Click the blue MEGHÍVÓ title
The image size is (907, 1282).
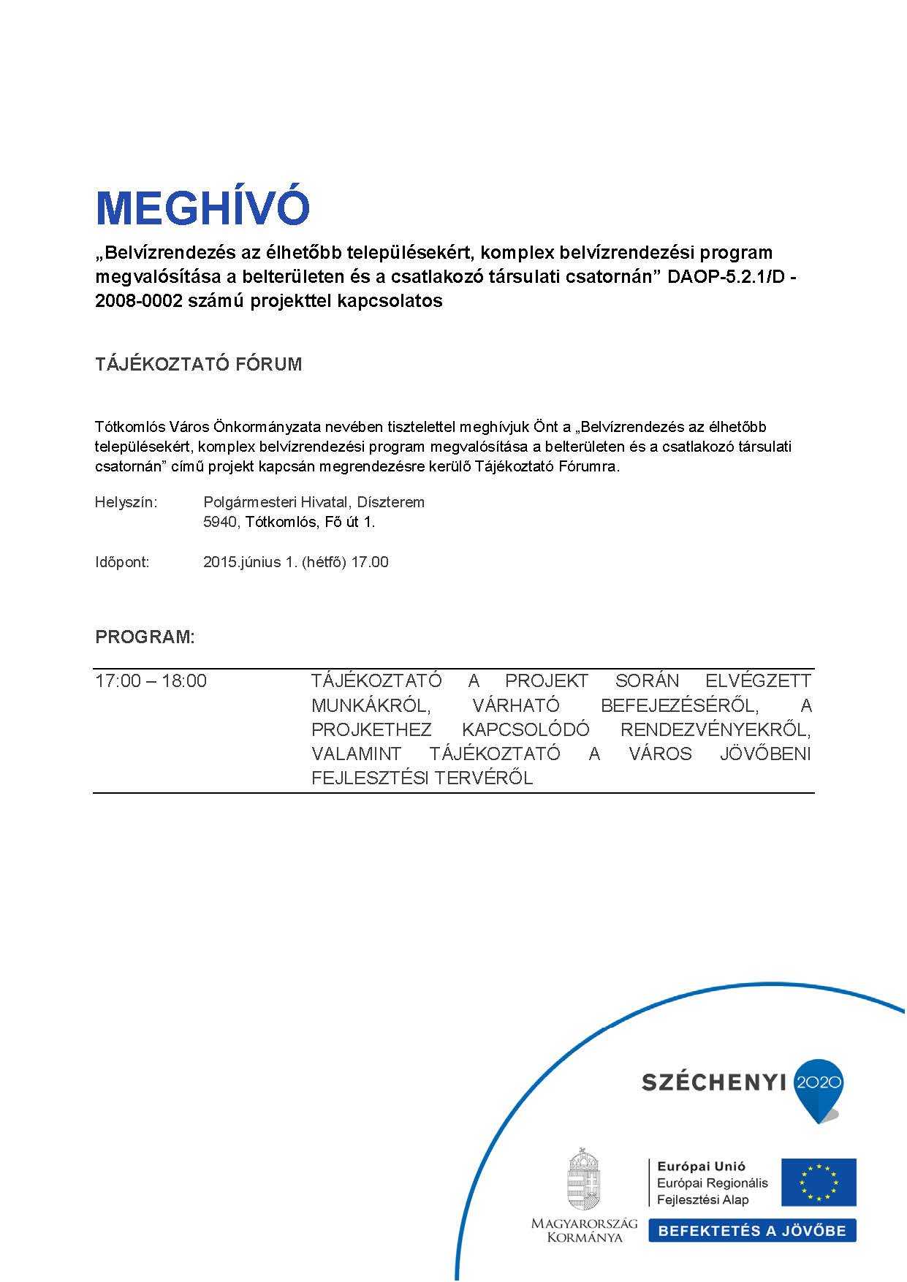[x=202, y=208]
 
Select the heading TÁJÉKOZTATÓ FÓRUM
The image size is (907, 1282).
[x=198, y=364]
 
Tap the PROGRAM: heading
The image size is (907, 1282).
[x=145, y=637]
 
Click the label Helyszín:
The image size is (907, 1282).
[x=126, y=502]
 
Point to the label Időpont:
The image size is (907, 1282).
[x=122, y=562]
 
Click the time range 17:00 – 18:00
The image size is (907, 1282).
[x=151, y=681]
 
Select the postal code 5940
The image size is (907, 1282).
[x=220, y=522]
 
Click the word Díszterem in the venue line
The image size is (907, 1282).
[x=390, y=502]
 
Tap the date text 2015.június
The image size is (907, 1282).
[x=242, y=562]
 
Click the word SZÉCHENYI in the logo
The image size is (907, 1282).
[x=713, y=1082]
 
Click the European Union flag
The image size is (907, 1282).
[x=819, y=1182]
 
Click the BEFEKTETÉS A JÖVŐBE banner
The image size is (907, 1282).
[x=752, y=1231]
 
